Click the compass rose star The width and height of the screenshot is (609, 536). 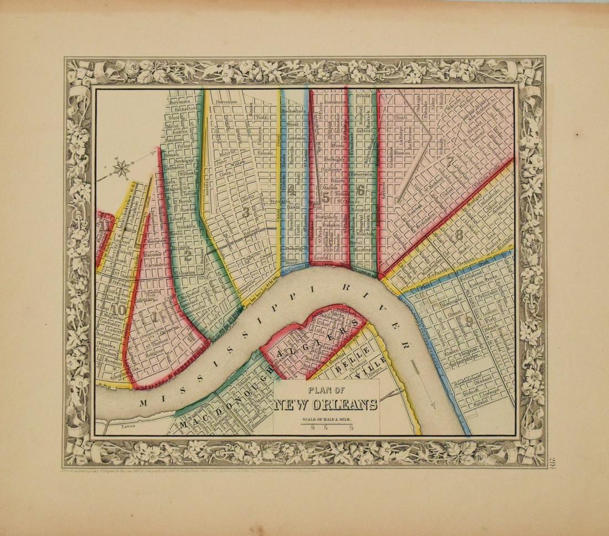pos(122,166)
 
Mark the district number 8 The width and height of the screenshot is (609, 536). pos(459,235)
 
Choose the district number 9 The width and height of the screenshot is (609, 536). pos(469,320)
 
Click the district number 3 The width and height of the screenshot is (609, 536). pos(245,212)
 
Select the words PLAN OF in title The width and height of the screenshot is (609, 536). pos(326,388)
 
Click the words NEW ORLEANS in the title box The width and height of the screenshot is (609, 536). pos(326,404)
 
